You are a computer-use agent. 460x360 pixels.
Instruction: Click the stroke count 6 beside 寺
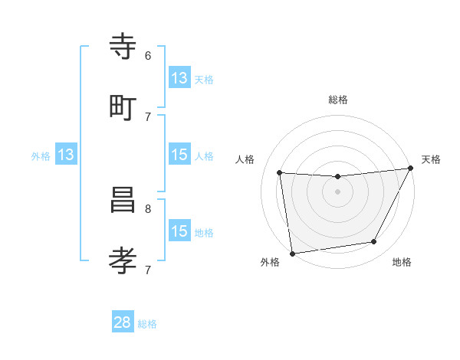click(x=148, y=55)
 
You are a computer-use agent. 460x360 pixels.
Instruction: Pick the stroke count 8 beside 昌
click(x=148, y=208)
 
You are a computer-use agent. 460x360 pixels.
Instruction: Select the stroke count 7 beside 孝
click(x=148, y=269)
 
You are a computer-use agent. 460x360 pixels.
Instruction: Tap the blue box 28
click(x=123, y=322)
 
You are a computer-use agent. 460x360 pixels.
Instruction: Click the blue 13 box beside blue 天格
click(x=179, y=77)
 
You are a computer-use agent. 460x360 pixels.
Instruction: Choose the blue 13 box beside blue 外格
click(x=66, y=155)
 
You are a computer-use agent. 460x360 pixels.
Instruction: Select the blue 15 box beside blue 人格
click(x=179, y=155)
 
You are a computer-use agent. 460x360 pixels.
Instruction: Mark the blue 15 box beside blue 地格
click(x=179, y=231)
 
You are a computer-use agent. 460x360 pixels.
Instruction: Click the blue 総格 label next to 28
click(x=147, y=324)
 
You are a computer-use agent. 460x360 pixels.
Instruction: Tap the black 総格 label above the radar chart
click(x=338, y=100)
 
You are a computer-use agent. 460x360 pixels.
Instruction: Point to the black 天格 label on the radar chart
click(x=431, y=159)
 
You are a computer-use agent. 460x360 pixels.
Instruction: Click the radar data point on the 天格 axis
click(x=410, y=169)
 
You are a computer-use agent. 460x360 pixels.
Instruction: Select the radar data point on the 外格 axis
click(x=292, y=253)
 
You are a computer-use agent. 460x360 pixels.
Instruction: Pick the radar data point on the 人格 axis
click(x=280, y=173)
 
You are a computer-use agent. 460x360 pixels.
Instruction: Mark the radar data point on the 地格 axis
click(x=374, y=242)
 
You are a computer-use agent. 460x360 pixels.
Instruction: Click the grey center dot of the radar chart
click(x=337, y=191)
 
